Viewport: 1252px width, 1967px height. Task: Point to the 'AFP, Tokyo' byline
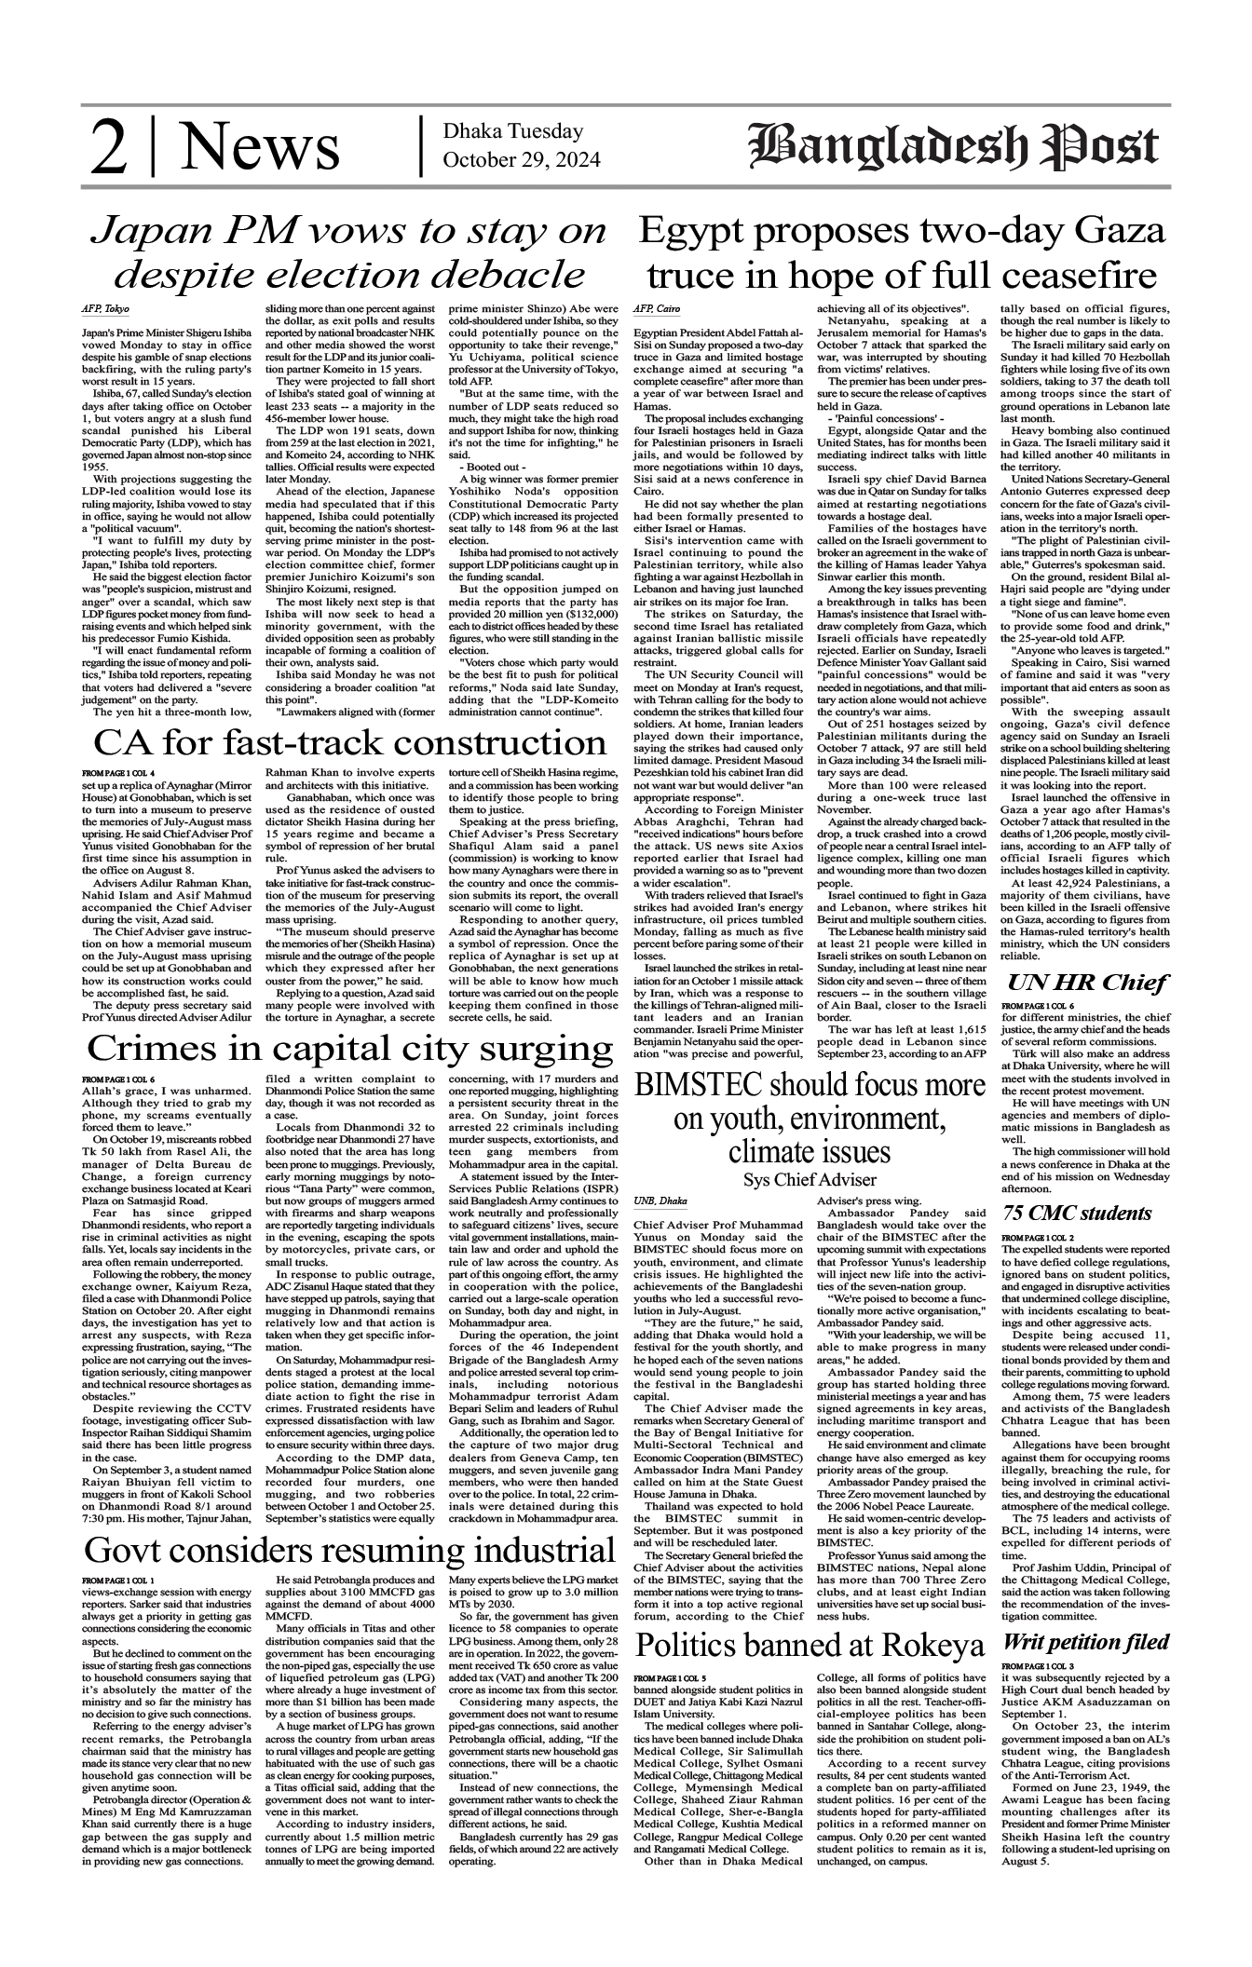pos(104,308)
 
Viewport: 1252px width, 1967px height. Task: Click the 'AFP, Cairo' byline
pos(657,308)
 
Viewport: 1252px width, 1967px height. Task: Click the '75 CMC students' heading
pos(1076,1214)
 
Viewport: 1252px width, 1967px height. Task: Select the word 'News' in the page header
pos(260,150)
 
